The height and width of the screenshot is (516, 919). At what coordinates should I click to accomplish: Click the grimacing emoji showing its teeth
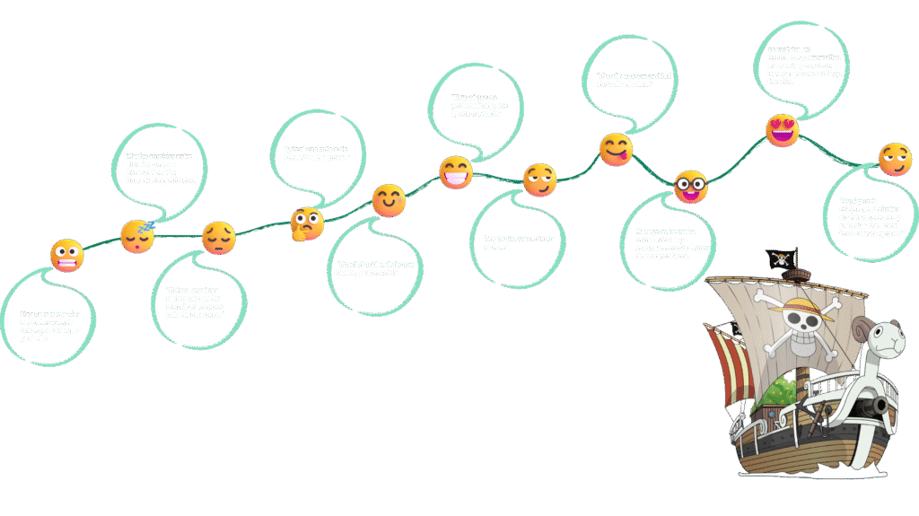[66, 256]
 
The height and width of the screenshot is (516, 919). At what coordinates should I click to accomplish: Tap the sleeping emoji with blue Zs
[137, 236]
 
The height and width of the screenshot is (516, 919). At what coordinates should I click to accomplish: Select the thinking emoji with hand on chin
[306, 223]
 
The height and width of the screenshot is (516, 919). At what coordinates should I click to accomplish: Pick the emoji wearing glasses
[690, 187]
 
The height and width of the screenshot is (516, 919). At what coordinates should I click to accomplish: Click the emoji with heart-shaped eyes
[782, 131]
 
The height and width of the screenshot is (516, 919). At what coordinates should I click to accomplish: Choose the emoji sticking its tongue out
[616, 150]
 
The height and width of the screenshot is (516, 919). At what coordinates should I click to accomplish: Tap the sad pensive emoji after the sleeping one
[218, 238]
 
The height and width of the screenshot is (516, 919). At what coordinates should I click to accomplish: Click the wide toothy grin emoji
[456, 171]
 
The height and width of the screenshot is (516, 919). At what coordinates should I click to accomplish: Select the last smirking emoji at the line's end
[895, 160]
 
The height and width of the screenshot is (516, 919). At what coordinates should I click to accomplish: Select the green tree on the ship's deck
[782, 390]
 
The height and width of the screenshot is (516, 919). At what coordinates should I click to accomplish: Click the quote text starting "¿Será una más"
[317, 153]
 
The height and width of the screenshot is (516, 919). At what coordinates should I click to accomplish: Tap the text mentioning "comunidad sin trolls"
[635, 80]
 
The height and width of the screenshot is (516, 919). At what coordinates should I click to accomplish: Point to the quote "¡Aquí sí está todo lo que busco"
[377, 267]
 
